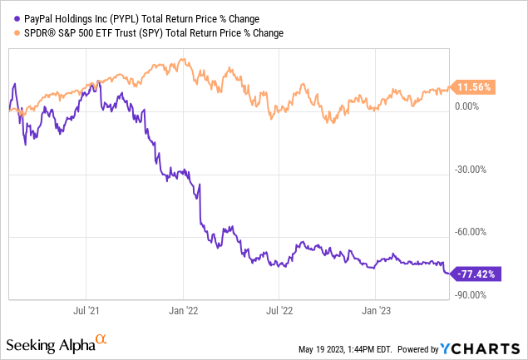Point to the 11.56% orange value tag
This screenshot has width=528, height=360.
[474, 86]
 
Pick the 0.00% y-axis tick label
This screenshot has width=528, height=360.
[471, 106]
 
